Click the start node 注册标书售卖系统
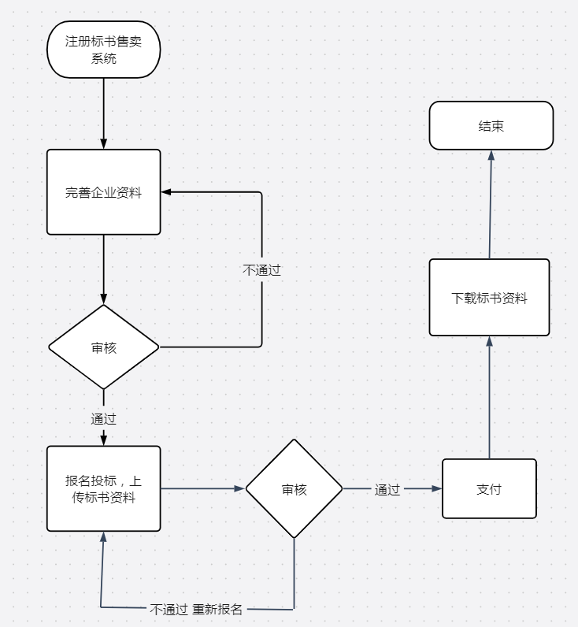click(x=103, y=50)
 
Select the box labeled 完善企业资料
click(x=103, y=192)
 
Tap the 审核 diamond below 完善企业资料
click(x=103, y=347)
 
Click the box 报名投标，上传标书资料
click(x=103, y=488)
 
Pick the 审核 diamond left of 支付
click(x=294, y=489)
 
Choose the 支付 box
click(x=489, y=489)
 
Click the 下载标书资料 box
click(x=489, y=298)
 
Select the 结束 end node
click(x=491, y=126)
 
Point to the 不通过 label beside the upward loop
click(x=261, y=269)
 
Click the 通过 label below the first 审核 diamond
click(x=103, y=418)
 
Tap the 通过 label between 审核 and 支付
click(x=387, y=489)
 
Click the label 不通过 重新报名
click(x=197, y=609)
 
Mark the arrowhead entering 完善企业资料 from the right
click(x=167, y=192)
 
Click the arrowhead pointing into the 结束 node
click(x=491, y=155)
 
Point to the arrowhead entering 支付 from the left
click(x=436, y=489)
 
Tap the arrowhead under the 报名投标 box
click(x=102, y=537)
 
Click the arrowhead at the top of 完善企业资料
click(x=103, y=143)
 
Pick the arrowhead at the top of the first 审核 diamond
click(x=103, y=299)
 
